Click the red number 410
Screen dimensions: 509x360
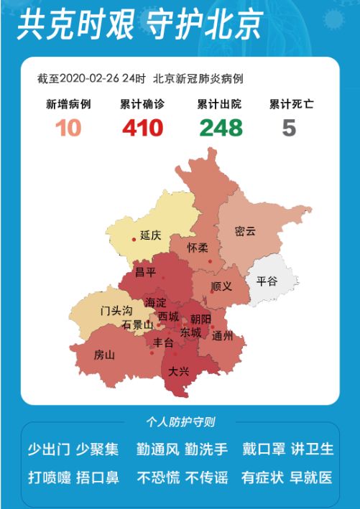142,128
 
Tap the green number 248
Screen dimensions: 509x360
221,128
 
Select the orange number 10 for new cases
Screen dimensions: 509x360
68,128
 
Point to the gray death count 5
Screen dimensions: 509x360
289,128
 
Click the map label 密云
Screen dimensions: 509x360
245,231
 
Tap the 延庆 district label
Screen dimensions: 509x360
151,235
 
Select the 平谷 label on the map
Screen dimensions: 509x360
267,281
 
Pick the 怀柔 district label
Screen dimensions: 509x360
198,247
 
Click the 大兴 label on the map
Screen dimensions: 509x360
179,372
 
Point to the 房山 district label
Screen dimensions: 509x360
104,355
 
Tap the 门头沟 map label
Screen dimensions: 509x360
116,310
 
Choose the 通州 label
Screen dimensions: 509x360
223,336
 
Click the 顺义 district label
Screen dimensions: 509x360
222,286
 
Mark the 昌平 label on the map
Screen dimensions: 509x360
146,272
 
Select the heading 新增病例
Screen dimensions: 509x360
68,104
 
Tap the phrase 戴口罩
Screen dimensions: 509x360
262,449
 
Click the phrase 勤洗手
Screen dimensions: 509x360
206,449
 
